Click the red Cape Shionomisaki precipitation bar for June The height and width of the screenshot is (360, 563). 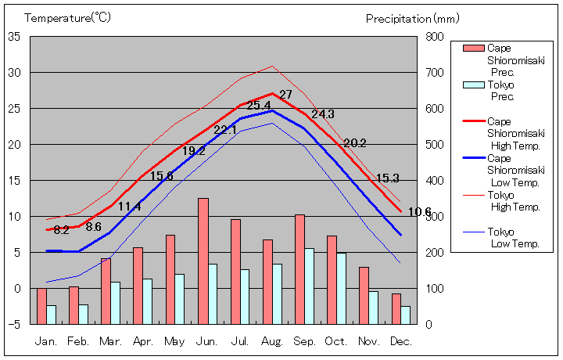click(x=203, y=261)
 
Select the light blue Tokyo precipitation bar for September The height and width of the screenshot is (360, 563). click(x=310, y=286)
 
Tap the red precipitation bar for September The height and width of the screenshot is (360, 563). click(x=299, y=268)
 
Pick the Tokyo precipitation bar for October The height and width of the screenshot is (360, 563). click(x=342, y=288)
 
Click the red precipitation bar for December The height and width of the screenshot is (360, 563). click(x=396, y=308)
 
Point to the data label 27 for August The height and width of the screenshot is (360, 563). click(x=285, y=95)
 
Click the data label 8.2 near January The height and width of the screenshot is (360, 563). click(x=62, y=230)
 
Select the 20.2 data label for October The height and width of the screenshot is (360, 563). click(x=355, y=143)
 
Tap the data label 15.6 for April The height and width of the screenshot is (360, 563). click(x=162, y=176)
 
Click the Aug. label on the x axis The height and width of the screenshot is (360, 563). click(x=272, y=342)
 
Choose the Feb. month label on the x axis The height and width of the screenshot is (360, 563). click(x=79, y=342)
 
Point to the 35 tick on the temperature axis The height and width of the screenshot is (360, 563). click(x=15, y=36)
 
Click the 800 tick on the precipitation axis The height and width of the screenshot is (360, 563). click(x=435, y=36)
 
